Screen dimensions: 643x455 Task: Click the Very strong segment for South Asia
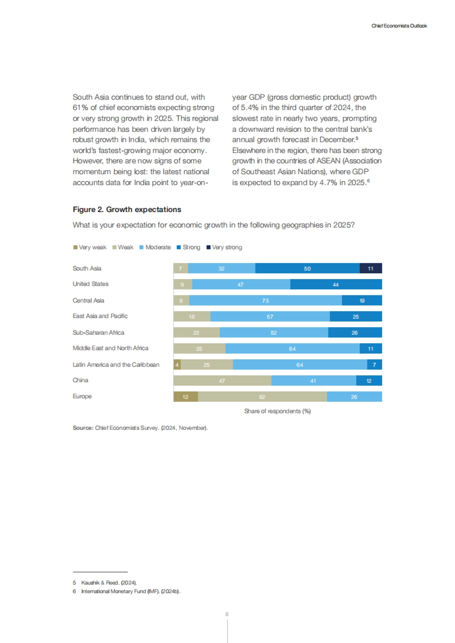pyautogui.click(x=371, y=268)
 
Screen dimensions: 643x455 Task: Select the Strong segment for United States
pyautogui.click(x=336, y=284)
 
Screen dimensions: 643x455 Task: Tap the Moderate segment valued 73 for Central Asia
pyautogui.click(x=265, y=301)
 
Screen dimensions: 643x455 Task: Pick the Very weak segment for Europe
pyautogui.click(x=185, y=397)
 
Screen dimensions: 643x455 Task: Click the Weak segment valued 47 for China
pyautogui.click(x=222, y=381)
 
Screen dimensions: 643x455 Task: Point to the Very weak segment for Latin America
pyautogui.click(x=177, y=365)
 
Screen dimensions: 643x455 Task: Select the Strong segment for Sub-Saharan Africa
pyautogui.click(x=355, y=333)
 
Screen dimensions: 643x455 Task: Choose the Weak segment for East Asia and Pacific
pyautogui.click(x=192, y=317)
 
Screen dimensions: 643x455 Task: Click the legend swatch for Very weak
pyautogui.click(x=75, y=247)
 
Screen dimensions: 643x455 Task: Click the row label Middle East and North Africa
pyautogui.click(x=110, y=348)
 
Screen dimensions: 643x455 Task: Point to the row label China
pyautogui.click(x=80, y=380)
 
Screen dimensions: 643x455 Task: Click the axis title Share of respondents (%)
pyautogui.click(x=278, y=411)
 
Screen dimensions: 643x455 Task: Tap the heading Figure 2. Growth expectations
pyautogui.click(x=127, y=209)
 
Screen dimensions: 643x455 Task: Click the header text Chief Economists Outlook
pyautogui.click(x=399, y=26)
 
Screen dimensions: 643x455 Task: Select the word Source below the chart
pyautogui.click(x=83, y=428)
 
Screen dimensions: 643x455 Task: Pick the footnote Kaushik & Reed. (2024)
pyautogui.click(x=109, y=582)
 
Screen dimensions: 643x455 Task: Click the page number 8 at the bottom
pyautogui.click(x=227, y=614)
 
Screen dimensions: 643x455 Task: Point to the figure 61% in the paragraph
pyautogui.click(x=80, y=108)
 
